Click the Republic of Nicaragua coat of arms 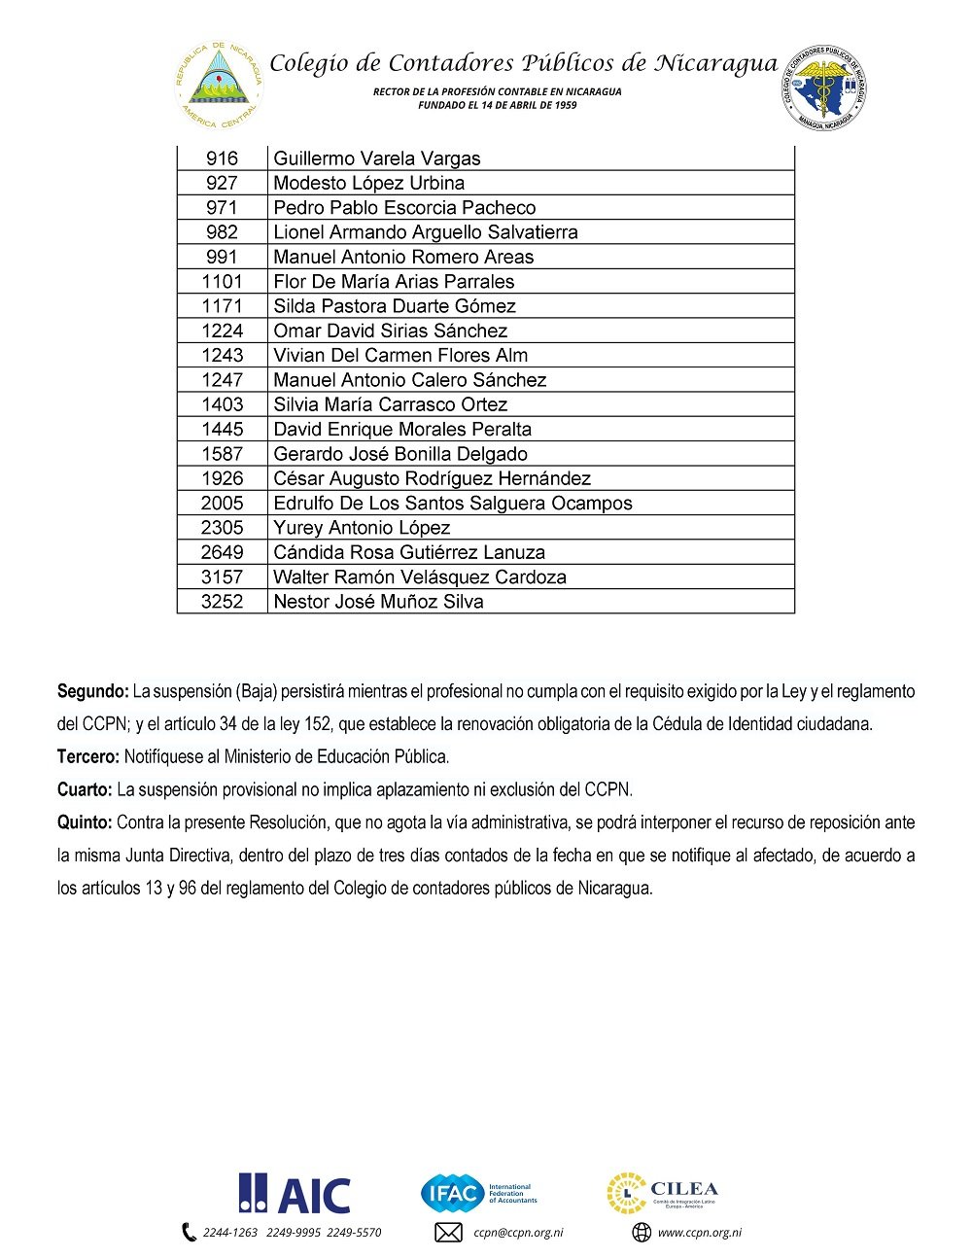coord(220,86)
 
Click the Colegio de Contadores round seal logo coord(824,87)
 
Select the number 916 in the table coord(222,158)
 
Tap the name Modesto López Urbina coord(368,183)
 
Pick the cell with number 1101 coord(222,282)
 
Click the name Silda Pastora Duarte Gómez coord(394,306)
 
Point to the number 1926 coord(222,478)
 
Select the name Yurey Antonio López coord(362,528)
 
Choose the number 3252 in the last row coord(222,602)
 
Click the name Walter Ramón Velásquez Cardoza coord(419,577)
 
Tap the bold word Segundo coord(92,692)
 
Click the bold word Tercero coord(88,756)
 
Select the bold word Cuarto coord(85,789)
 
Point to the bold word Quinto coord(85,822)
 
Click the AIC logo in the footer coord(295,1194)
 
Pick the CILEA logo coord(663,1194)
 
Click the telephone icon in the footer coord(189,1233)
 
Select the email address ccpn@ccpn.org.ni coord(518,1233)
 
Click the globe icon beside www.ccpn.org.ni coord(642,1233)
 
